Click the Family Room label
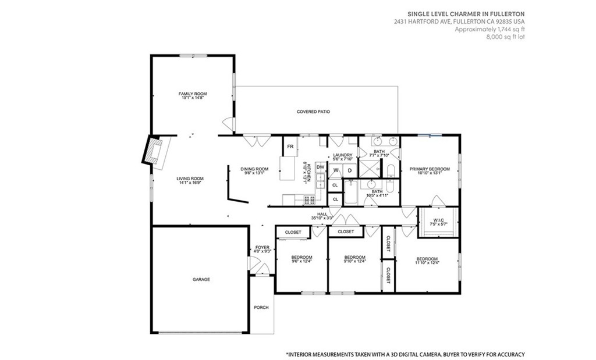193,94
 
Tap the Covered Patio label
313,112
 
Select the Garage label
201,280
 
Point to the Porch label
261,307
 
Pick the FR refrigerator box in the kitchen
290,146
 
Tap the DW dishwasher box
321,167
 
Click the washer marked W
336,170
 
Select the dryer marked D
350,170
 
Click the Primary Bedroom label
430,169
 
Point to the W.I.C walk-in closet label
438,220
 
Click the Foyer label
262,247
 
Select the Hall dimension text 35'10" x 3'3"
322,218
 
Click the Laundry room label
343,155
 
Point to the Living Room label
190,179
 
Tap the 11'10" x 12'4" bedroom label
427,262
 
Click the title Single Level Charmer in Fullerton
466,14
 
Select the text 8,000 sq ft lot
506,37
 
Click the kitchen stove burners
310,199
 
